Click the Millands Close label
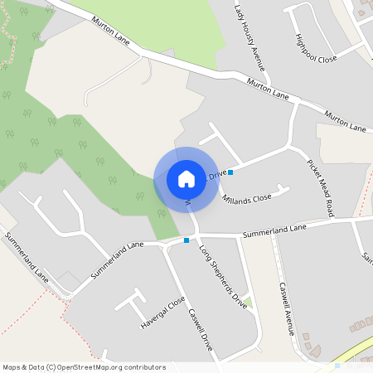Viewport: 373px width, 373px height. (247, 198)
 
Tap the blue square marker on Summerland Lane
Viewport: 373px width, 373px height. (186, 240)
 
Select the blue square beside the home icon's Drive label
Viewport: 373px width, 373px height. (230, 172)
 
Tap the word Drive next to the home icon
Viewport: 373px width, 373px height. (218, 175)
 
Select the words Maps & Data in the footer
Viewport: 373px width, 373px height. (22, 366)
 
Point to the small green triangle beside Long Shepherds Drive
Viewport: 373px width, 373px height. (247, 301)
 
